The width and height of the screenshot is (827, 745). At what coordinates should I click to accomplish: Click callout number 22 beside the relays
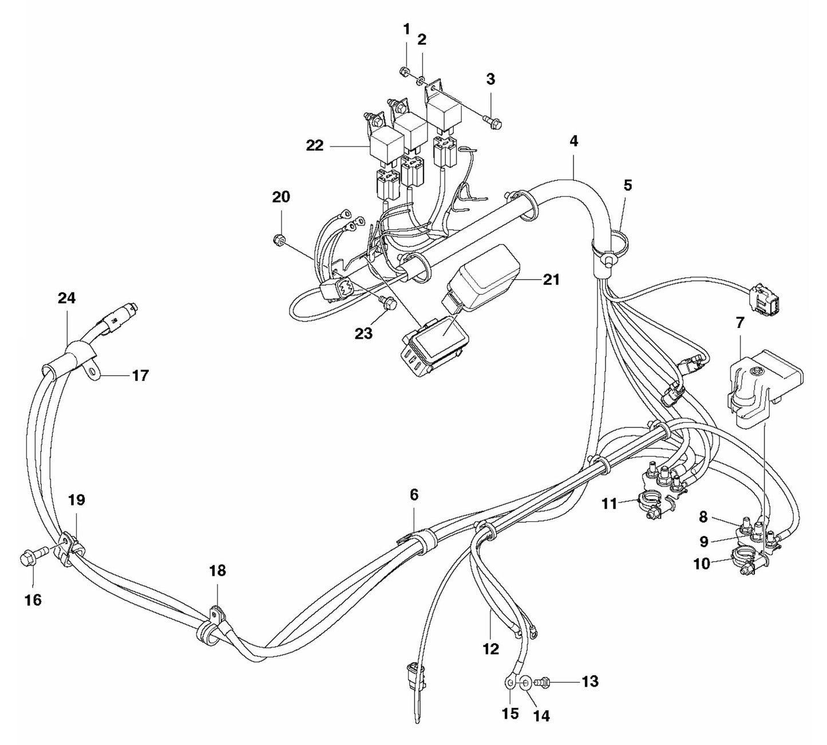(314, 146)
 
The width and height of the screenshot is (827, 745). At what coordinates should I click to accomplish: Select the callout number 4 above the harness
(573, 141)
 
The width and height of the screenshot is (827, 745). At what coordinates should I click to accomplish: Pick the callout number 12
(491, 649)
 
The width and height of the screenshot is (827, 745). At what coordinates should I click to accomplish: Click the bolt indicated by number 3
(492, 121)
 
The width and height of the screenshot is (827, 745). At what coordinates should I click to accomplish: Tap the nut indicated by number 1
(403, 72)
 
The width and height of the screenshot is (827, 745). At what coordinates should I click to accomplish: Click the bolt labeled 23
(389, 304)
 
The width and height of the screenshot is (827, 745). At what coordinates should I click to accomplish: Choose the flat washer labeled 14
(525, 682)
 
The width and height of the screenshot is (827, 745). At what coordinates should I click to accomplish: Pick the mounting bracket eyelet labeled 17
(92, 374)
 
